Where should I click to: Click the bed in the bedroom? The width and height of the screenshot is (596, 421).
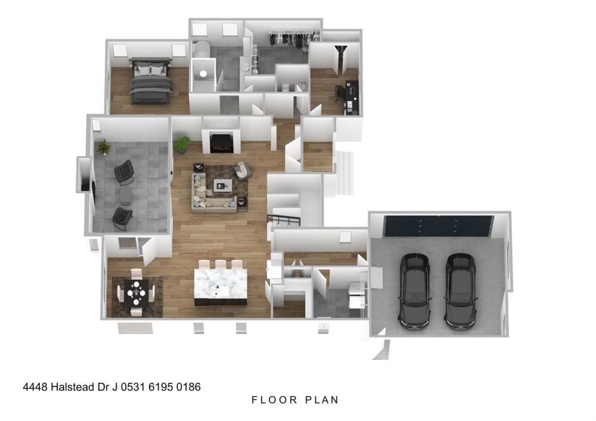tap(151, 81)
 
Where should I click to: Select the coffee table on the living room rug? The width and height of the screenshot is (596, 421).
tap(223, 185)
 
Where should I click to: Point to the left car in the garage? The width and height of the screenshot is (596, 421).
tap(415, 291)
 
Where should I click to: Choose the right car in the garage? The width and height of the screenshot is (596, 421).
tap(461, 291)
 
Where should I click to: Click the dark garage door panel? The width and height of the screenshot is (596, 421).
tap(438, 226)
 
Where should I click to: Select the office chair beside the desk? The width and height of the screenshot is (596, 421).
tap(339, 94)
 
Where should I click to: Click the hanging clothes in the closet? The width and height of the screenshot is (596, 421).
tap(293, 40)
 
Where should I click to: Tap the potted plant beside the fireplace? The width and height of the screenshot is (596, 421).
tap(182, 144)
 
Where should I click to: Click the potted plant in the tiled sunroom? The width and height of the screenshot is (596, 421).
tap(103, 147)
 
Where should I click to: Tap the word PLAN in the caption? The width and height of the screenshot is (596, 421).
tap(322, 400)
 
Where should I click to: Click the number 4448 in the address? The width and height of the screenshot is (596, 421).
tap(35, 387)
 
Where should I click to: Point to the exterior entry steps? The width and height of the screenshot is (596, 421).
tap(344, 174)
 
